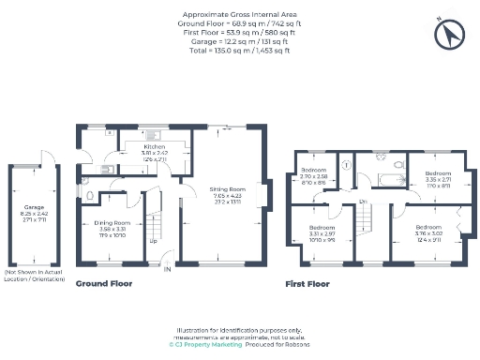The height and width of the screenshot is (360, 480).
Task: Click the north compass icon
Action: click(x=449, y=35)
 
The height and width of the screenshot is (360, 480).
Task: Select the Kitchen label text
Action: click(x=155, y=148)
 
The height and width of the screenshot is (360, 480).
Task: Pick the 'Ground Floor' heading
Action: click(x=104, y=283)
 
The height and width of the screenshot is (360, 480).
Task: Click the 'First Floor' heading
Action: click(x=308, y=283)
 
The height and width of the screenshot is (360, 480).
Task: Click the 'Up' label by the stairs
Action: click(x=154, y=240)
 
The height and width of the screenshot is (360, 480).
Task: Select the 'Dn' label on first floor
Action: click(x=362, y=201)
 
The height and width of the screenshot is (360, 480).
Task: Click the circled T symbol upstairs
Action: click(x=347, y=164)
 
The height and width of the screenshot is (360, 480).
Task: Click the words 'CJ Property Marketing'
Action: click(x=205, y=344)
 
